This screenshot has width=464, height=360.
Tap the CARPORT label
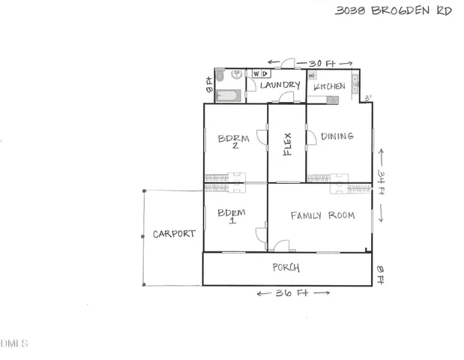174,234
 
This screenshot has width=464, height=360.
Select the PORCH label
286,268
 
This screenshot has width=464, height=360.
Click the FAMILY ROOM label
322,216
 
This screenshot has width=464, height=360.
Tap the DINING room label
337,136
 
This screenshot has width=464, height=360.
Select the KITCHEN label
329,87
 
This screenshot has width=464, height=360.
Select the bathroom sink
237,75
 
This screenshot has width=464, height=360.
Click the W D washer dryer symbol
261,73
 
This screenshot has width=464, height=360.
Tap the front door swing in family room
282,245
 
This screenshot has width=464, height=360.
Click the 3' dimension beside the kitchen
367,98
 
